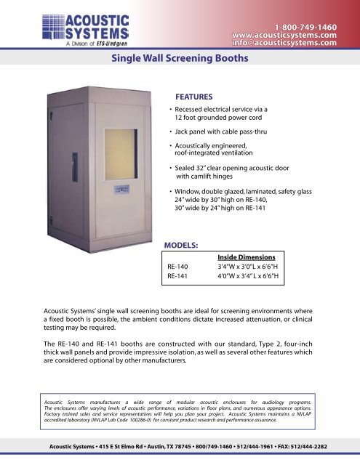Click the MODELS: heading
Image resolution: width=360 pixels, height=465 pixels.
tap(185, 246)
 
